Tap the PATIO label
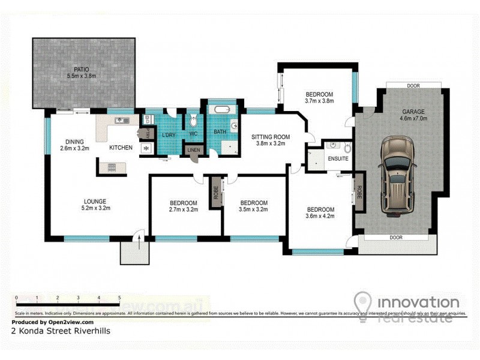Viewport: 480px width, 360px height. [x=81, y=68]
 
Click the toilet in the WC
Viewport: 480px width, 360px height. [x=193, y=121]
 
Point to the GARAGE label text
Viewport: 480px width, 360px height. [x=413, y=112]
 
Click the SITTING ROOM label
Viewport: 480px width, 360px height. [x=270, y=136]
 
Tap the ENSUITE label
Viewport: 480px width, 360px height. [x=337, y=159]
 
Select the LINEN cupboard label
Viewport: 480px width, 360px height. [x=193, y=149]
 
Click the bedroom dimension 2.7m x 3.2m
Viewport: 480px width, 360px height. [x=184, y=211]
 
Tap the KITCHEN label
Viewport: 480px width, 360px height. [x=120, y=148]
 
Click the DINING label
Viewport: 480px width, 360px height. [x=75, y=142]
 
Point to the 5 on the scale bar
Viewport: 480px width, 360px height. [x=119, y=297]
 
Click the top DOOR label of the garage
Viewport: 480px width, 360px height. [x=413, y=86]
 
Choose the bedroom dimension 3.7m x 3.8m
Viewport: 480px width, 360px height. [x=319, y=101]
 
